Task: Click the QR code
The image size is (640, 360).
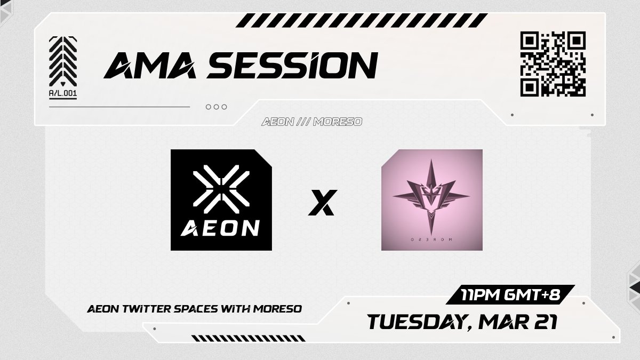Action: [x=553, y=64]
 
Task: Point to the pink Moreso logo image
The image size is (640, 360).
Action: [x=432, y=200]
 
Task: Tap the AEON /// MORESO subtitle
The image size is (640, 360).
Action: [x=312, y=122]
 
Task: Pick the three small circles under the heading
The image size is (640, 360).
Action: [x=217, y=107]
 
